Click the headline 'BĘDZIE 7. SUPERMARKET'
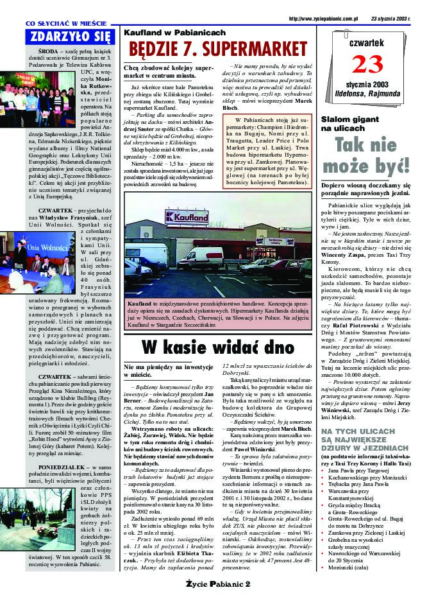(218, 48)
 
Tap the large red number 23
(367, 65)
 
